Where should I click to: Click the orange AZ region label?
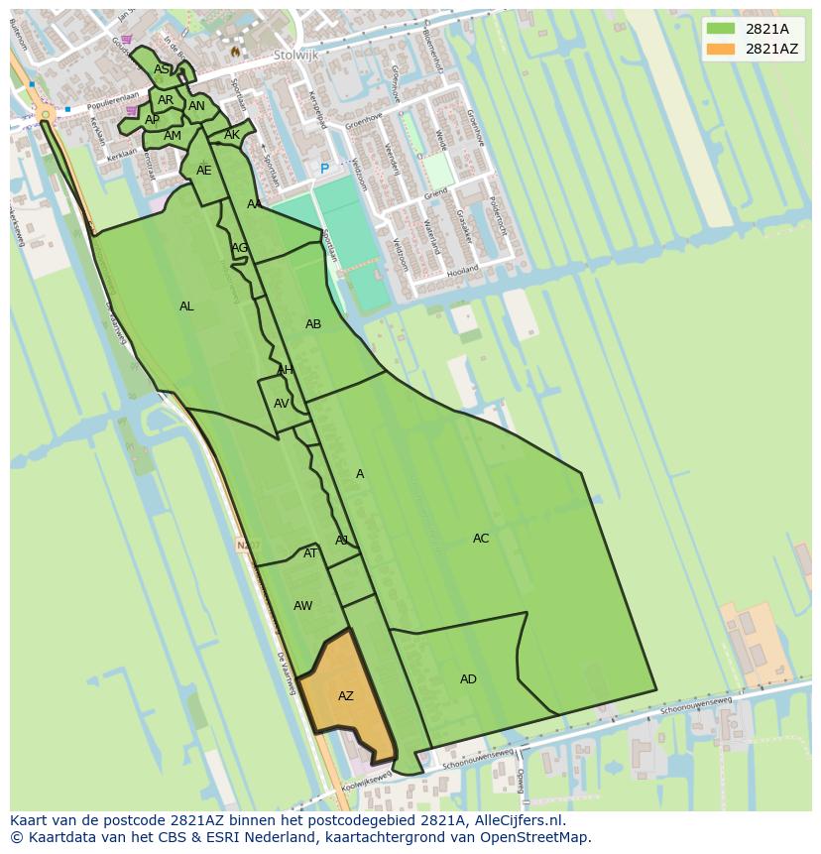pyautogui.click(x=345, y=696)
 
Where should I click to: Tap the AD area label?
pyautogui.click(x=468, y=679)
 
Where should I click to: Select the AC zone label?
pyautogui.click(x=481, y=539)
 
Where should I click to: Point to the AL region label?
pyautogui.click(x=186, y=306)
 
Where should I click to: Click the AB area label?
pyautogui.click(x=313, y=324)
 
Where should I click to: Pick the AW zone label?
pyautogui.click(x=302, y=606)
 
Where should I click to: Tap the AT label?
pyautogui.click(x=310, y=553)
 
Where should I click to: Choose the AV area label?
pyautogui.click(x=282, y=404)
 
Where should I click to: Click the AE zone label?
pyautogui.click(x=203, y=171)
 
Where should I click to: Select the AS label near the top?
pyautogui.click(x=161, y=69)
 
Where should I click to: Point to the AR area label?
pyautogui.click(x=166, y=100)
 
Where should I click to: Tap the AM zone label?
pyautogui.click(x=173, y=136)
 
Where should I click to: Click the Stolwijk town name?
pyautogui.click(x=295, y=56)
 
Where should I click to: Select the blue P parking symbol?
pyautogui.click(x=323, y=170)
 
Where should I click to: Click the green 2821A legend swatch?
pyautogui.click(x=721, y=29)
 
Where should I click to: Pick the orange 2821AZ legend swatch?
pyautogui.click(x=721, y=49)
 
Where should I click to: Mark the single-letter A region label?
pyautogui.click(x=360, y=474)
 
